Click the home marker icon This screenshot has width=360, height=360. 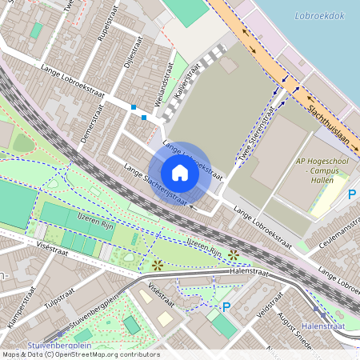(x=180, y=173)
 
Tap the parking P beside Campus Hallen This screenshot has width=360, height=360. (x=352, y=194)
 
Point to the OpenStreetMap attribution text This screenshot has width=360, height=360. (x=81, y=354)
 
